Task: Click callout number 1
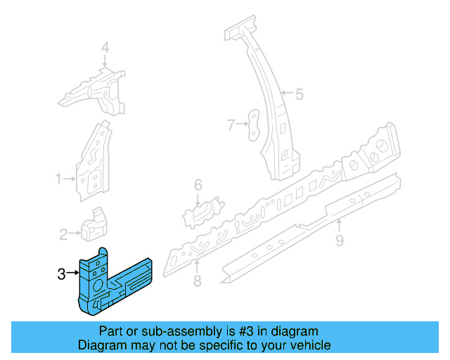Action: (x=60, y=179)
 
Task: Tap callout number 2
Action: (x=63, y=233)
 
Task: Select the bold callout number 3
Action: (x=61, y=274)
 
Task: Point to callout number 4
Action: (x=105, y=48)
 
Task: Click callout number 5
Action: (x=299, y=94)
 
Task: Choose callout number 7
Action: (x=230, y=125)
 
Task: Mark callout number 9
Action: (x=339, y=241)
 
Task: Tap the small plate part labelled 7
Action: (x=252, y=123)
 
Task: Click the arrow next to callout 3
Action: (x=72, y=274)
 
